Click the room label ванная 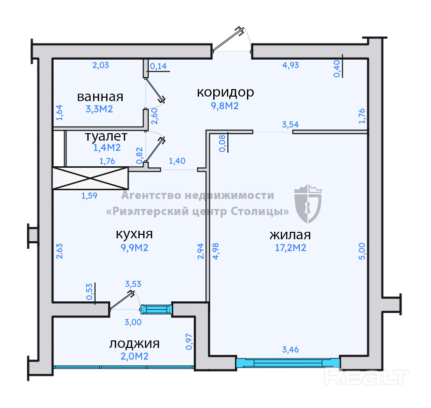100,96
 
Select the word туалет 106,136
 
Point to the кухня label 134,234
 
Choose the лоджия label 134,343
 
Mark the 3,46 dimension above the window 291,350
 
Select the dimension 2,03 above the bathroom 100,65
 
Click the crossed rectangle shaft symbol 91,178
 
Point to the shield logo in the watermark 308,204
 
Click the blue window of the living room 288,362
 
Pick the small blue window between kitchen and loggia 156,309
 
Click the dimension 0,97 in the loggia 189,341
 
